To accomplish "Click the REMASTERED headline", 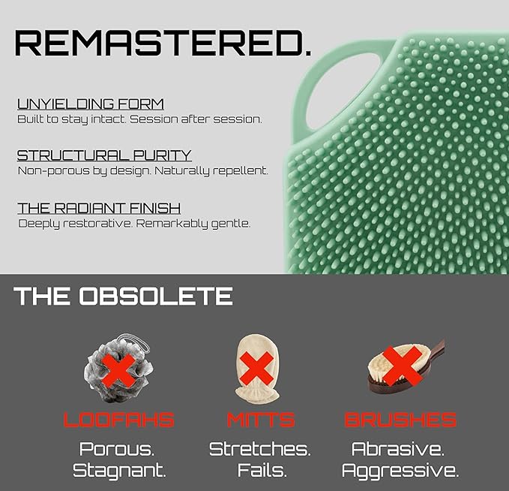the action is point(163,43).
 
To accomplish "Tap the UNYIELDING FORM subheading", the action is point(91,104).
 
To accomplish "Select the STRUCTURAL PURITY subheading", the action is point(104,155).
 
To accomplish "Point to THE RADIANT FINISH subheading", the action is point(99,208).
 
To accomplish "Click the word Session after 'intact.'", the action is point(153,119).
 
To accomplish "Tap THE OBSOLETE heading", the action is point(123,296).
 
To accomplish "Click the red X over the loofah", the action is point(118,371).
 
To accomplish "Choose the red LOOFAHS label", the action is point(118,420).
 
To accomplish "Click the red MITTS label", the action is point(261,420).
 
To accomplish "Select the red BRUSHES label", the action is point(400,420).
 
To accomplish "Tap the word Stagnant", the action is point(119,471).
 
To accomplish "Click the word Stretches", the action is point(259,449).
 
